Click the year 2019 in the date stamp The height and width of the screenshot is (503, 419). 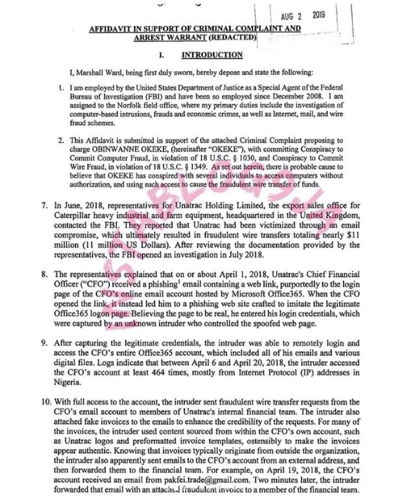318,15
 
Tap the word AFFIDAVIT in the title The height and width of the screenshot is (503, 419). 112,28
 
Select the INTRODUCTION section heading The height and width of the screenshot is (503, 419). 212,54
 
